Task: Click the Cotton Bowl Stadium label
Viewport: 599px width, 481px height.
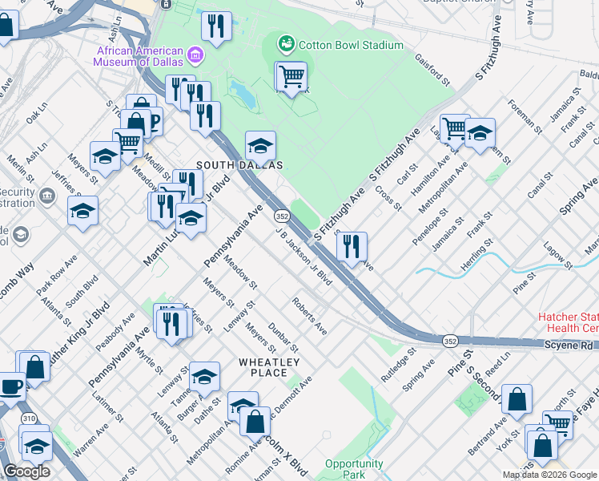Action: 351,45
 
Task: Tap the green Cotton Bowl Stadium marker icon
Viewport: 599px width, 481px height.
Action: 285,43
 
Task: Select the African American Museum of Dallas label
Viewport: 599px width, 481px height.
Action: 139,56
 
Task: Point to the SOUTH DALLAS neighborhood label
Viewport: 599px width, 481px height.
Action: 240,164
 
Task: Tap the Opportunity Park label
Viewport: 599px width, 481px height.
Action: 354,469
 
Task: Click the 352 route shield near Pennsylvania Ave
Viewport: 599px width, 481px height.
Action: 282,216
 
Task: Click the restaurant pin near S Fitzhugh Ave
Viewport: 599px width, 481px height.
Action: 351,247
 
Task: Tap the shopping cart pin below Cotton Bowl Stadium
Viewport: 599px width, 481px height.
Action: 292,77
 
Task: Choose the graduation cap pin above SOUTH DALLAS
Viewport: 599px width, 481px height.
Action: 260,147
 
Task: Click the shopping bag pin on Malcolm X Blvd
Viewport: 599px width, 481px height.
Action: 255,422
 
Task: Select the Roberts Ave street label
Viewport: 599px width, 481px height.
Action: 309,317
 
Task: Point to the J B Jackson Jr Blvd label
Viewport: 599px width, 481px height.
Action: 304,256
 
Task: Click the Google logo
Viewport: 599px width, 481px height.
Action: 26,472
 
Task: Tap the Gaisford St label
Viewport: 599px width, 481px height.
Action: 432,69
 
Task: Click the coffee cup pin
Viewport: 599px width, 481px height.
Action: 10,386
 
